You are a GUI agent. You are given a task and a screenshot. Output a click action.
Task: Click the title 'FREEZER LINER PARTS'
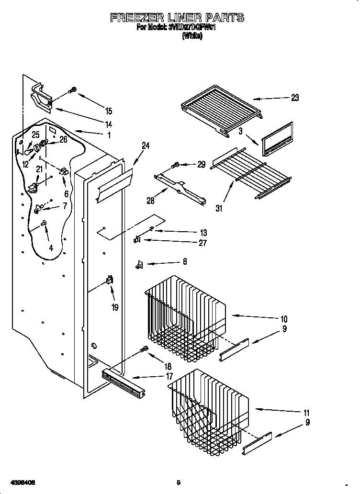tap(177, 18)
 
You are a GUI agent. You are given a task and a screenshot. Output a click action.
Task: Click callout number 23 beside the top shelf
tap(294, 98)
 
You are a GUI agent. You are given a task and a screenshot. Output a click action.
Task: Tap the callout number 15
tap(109, 111)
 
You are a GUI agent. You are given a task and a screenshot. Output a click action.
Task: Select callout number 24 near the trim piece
tap(146, 146)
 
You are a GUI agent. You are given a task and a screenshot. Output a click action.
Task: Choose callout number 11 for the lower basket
tap(306, 413)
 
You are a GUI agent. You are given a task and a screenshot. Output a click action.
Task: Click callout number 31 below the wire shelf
tap(219, 208)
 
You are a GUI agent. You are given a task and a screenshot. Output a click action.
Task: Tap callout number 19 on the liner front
tap(115, 307)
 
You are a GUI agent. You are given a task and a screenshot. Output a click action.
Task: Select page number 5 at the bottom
tap(178, 482)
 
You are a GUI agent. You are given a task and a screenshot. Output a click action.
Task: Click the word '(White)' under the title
tap(192, 36)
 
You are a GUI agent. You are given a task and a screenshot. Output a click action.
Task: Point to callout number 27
tap(202, 243)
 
